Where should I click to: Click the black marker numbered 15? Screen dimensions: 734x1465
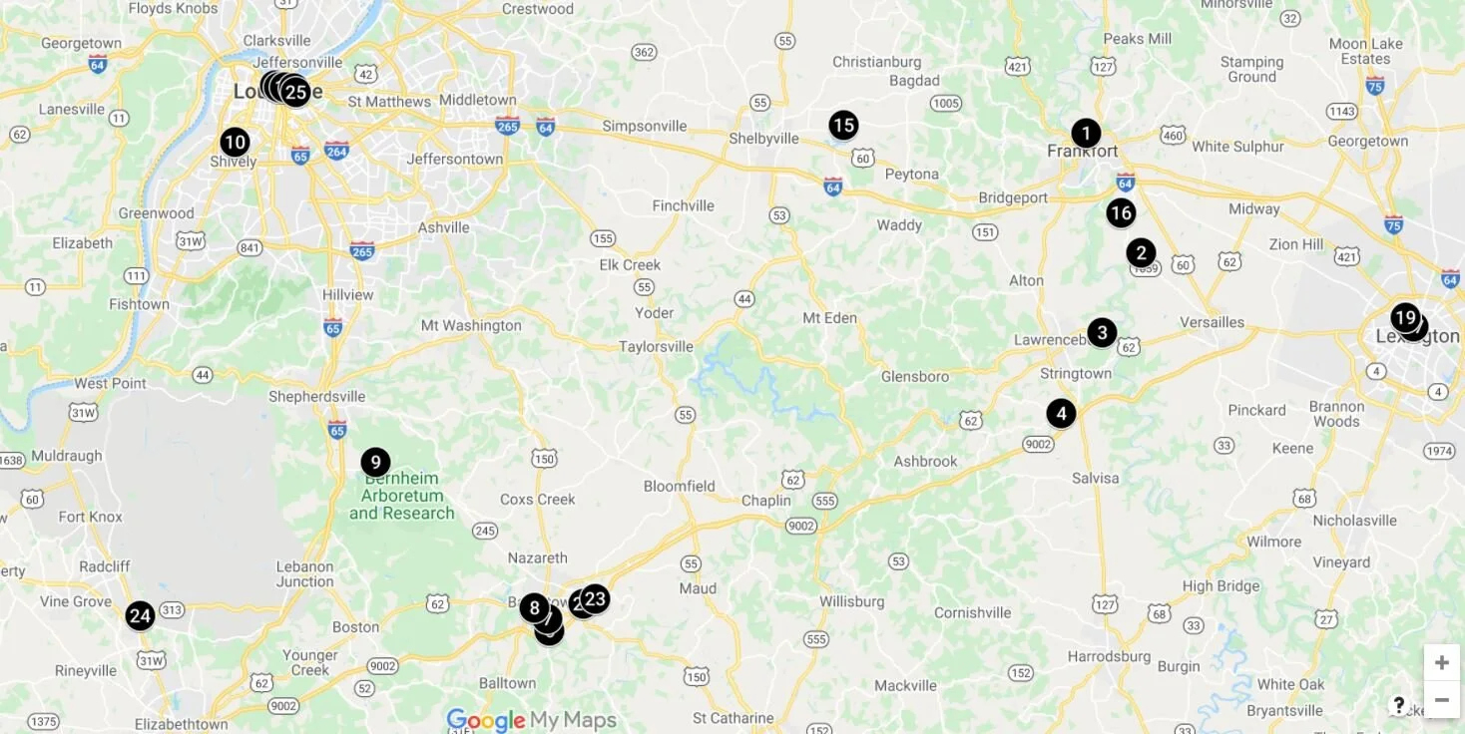point(843,126)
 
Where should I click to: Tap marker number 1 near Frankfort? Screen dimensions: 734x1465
point(1086,133)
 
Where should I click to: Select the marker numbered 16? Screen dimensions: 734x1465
point(1121,212)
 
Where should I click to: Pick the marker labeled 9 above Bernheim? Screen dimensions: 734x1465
point(375,462)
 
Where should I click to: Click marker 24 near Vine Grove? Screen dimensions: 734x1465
point(140,615)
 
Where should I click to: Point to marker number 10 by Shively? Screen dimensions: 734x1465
point(235,142)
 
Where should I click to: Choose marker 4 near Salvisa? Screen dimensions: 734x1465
point(1061,413)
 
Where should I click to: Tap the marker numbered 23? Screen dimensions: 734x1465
point(596,598)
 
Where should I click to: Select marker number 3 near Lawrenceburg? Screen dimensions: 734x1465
point(1102,332)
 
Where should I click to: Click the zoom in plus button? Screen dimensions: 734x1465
point(1441,663)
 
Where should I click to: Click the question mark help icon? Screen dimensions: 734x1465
point(1399,705)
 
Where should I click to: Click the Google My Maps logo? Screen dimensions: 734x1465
point(531,719)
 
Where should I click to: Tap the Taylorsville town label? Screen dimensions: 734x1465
point(656,347)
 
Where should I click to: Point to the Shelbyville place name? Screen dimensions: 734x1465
point(764,139)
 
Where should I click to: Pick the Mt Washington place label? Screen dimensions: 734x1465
point(471,325)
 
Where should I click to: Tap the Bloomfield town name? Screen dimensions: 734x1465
point(679,487)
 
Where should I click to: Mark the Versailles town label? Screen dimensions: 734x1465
point(1212,322)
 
